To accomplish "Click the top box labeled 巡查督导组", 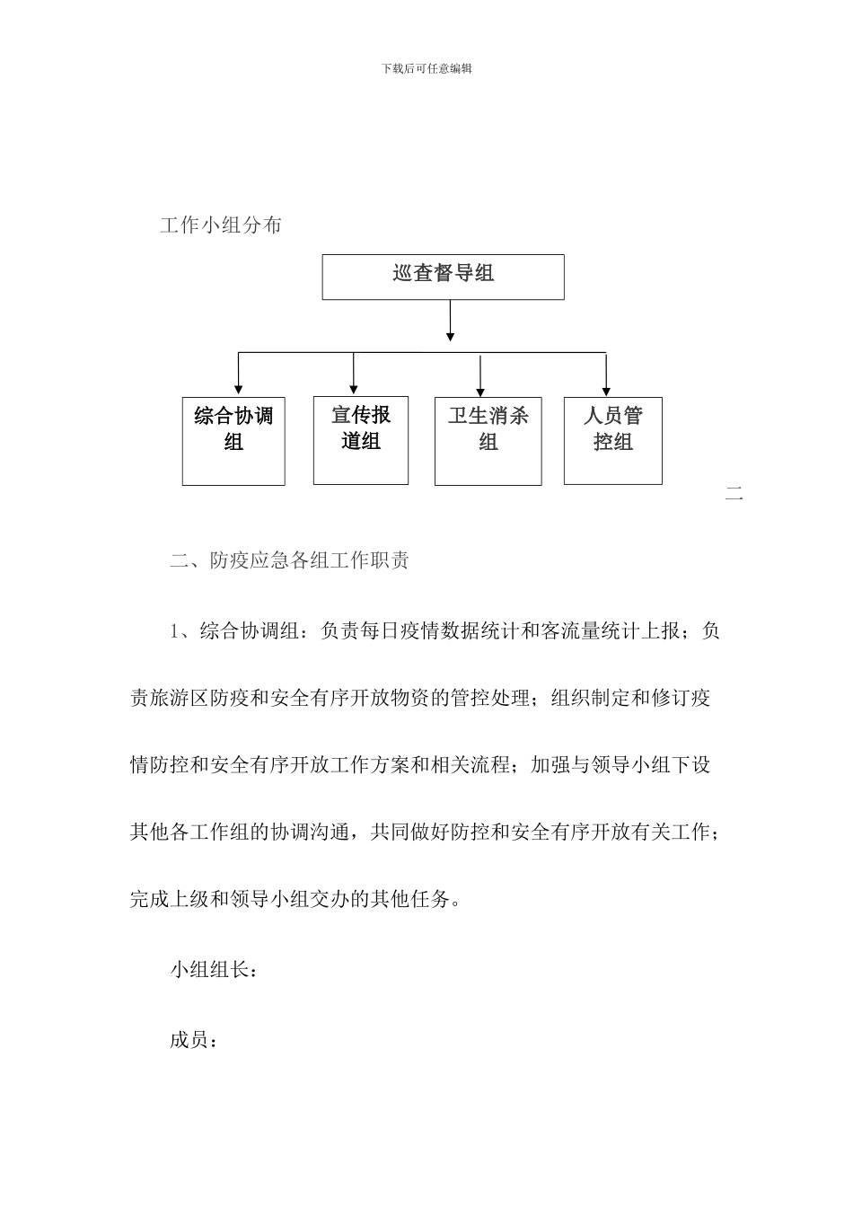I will pos(444,276).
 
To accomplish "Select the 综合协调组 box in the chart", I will pos(233,440).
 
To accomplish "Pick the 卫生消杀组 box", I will pos(488,440).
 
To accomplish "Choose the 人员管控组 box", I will pos(612,440).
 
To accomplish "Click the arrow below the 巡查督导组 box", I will pos(450,321).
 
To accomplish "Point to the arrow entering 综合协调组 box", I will pos(238,374).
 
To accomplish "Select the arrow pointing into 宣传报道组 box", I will pos(354,374).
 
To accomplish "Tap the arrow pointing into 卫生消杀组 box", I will pos(481,375).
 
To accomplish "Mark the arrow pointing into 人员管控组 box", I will pos(606,375).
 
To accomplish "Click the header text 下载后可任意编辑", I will pos(426,68).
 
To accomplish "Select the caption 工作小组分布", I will pos(221,225).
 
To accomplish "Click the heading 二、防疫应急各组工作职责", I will pos(290,561).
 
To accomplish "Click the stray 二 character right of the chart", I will pos(734,493).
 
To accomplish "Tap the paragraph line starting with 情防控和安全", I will pos(420,765).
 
